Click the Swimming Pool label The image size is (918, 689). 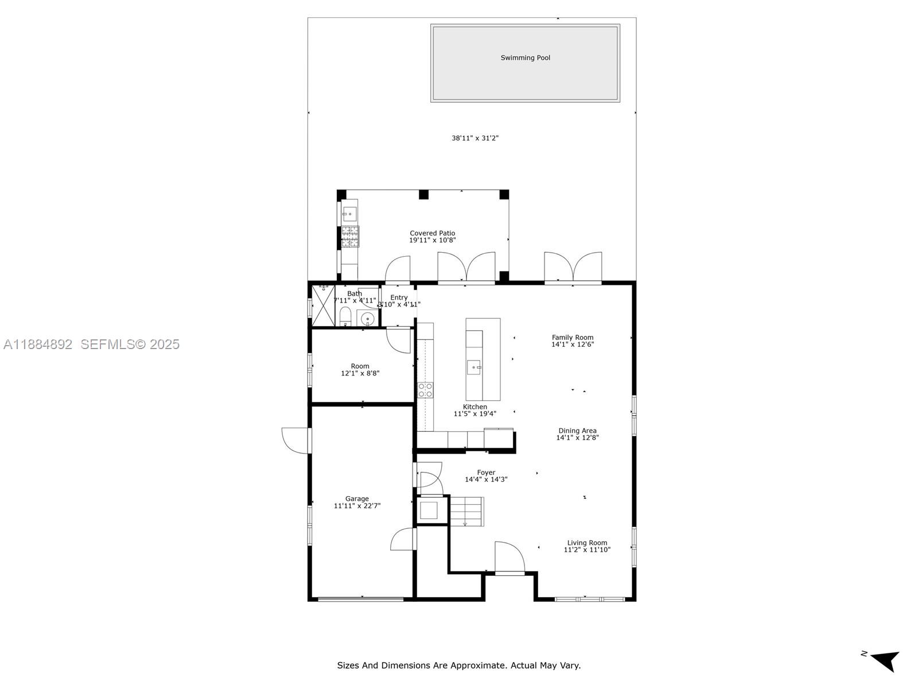pos(525,58)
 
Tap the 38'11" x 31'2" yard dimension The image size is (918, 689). pos(475,138)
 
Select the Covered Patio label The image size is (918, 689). pos(432,234)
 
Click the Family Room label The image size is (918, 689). pos(573,338)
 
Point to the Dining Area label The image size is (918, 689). pos(577,431)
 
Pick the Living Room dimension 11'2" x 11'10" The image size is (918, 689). pos(587,550)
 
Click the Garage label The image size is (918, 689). pos(357,498)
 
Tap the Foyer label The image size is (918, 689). pos(486,473)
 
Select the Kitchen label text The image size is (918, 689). pos(475,407)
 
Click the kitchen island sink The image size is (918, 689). pos(473,367)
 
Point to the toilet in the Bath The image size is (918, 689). pos(345,316)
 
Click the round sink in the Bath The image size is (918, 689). pos(367,318)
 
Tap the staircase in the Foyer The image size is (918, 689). pos(466,511)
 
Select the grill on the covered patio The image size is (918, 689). pos(349,237)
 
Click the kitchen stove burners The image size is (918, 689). pos(425,390)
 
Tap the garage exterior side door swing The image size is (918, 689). pos(296,440)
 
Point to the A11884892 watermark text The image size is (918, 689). pos(38,344)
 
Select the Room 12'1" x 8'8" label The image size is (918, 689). pos(360,370)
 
